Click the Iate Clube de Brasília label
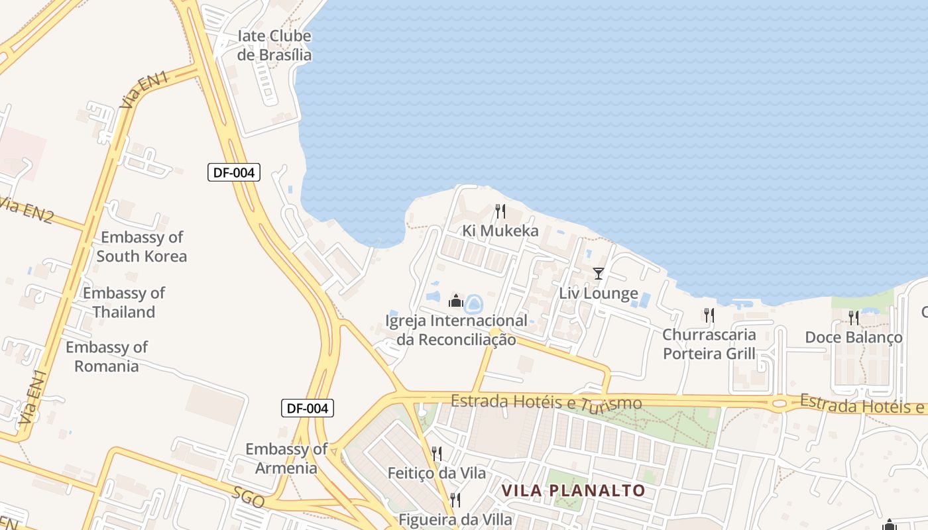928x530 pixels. click(274, 45)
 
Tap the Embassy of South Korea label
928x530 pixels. click(141, 246)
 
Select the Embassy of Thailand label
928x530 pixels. click(124, 302)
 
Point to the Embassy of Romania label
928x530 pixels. click(107, 356)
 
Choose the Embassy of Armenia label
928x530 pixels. click(286, 458)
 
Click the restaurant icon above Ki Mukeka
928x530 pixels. click(500, 211)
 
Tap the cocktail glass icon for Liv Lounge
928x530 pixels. click(599, 273)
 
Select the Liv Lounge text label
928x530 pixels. click(599, 293)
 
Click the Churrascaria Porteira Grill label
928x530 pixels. click(709, 344)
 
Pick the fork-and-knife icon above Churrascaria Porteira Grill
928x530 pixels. click(709, 315)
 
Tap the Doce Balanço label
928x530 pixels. click(854, 337)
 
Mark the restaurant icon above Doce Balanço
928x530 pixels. click(854, 318)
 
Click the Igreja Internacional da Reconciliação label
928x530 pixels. click(456, 330)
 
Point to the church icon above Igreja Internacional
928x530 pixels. click(455, 301)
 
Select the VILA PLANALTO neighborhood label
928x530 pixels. click(573, 490)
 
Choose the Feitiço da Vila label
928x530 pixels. click(437, 473)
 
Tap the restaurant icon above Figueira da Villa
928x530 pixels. click(455, 499)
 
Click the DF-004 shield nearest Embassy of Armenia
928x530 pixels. click(308, 408)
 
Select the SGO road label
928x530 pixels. click(249, 497)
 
